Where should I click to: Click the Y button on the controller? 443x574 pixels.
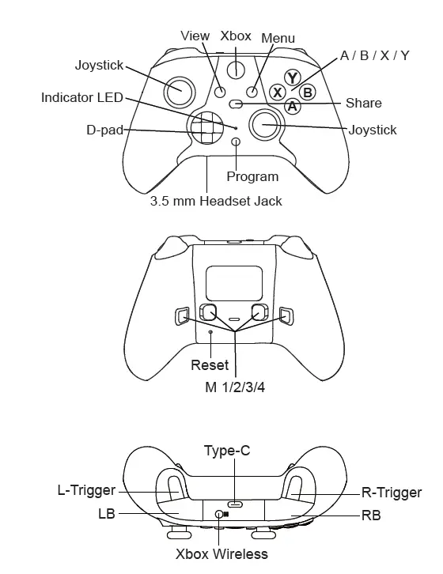(293, 78)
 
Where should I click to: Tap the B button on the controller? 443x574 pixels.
(308, 92)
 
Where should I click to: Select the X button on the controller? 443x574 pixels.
(278, 92)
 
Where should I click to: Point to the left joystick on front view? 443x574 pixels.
(179, 91)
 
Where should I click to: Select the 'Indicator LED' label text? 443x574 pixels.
(82, 98)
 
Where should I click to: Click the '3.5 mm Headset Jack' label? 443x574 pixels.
(216, 201)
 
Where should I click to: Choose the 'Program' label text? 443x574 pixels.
(252, 176)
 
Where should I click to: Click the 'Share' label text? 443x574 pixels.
(363, 104)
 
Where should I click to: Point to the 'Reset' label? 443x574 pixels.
(210, 365)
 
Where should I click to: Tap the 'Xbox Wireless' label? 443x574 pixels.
(221, 553)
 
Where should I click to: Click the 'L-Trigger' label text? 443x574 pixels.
(86, 491)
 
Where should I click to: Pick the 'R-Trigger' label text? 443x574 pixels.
(392, 493)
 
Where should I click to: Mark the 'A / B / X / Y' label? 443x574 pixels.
(374, 55)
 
